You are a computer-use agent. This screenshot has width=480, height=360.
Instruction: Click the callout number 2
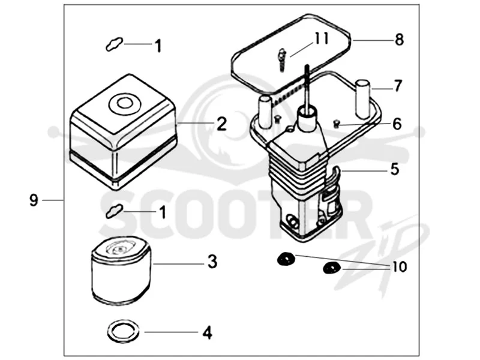[x=221, y=124]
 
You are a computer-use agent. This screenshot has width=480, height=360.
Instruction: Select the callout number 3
[x=212, y=262]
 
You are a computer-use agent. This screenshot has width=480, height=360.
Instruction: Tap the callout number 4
[x=207, y=332]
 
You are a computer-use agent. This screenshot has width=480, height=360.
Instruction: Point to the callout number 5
[x=395, y=169]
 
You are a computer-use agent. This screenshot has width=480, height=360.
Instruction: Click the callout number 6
[x=397, y=124]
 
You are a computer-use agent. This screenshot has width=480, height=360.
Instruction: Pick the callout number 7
[x=397, y=86]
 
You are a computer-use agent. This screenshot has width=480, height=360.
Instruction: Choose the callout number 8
[x=399, y=40]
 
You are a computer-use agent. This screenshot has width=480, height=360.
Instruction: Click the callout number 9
[x=34, y=200]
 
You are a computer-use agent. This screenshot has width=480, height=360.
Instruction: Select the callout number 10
[x=400, y=266]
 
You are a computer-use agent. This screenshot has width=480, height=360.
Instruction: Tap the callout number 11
[x=322, y=38]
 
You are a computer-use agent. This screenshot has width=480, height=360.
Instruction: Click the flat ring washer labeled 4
[x=124, y=331]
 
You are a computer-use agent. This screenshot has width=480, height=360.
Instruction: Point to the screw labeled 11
[x=282, y=60]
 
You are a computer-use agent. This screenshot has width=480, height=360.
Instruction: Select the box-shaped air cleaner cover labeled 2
[x=124, y=131]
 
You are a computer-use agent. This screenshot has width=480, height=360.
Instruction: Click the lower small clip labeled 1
[x=114, y=211]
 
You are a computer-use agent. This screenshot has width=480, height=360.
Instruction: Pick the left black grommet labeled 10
[x=286, y=259]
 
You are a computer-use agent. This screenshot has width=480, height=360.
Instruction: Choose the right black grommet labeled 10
[x=332, y=268]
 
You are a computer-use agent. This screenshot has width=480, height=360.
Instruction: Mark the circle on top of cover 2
[x=125, y=103]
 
